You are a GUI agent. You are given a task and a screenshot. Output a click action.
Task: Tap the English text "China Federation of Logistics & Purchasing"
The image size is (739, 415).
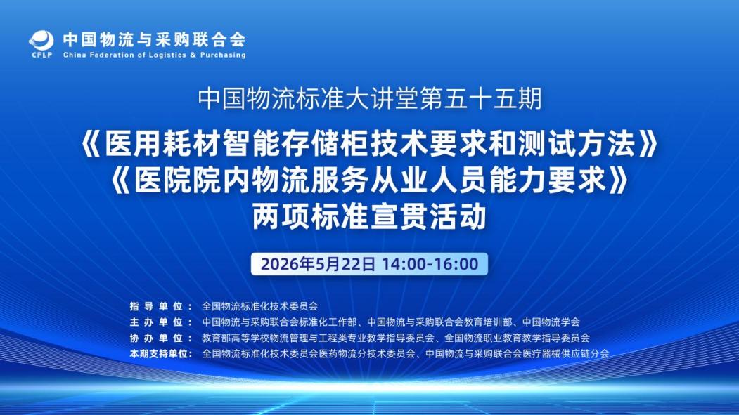pyautogui.click(x=155, y=55)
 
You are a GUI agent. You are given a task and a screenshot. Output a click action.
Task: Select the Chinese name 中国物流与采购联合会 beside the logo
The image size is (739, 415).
pyautogui.click(x=155, y=39)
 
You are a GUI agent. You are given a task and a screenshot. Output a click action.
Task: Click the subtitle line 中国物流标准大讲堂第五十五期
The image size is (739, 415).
pyautogui.click(x=370, y=98)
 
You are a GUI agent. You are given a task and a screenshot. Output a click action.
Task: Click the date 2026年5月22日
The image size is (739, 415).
pyautogui.click(x=318, y=264)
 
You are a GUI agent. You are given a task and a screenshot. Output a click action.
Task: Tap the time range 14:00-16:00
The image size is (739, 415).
pyautogui.click(x=430, y=264)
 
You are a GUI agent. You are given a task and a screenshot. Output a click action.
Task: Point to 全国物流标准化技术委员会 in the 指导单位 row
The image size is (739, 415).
pyautogui.click(x=260, y=306)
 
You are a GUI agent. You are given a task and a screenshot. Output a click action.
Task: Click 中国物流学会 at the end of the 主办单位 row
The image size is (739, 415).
pyautogui.click(x=551, y=322)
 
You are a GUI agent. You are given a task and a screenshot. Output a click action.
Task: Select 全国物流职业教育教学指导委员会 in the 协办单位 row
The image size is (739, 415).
pyautogui.click(x=517, y=338)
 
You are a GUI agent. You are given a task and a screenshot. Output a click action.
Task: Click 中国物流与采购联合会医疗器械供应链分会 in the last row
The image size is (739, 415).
pyautogui.click(x=517, y=353)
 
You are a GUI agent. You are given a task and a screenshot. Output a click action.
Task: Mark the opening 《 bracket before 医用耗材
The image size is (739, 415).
pyautogui.click(x=91, y=143)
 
